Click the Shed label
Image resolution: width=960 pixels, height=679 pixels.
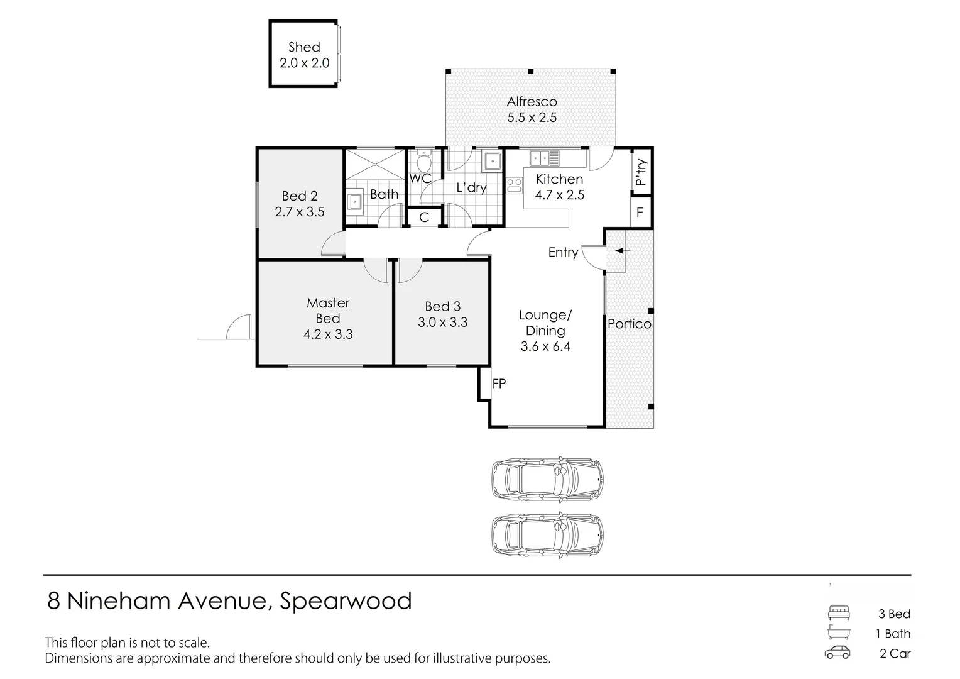304,47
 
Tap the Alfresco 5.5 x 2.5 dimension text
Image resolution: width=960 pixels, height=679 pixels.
532,118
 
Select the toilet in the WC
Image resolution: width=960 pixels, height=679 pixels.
424,161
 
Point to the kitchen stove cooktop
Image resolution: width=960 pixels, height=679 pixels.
515,185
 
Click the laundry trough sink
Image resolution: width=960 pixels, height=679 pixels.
492,162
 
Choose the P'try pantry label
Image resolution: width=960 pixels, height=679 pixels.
641,172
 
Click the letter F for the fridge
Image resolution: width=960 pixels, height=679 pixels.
640,212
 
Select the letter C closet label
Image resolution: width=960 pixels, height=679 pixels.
424,217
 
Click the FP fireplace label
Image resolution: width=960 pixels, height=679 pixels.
499,384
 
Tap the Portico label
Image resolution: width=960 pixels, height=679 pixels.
629,324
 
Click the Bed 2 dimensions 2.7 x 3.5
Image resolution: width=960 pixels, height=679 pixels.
300,212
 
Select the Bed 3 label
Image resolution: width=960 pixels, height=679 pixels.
443,306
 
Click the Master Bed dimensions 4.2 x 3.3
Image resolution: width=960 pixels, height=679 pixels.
328,334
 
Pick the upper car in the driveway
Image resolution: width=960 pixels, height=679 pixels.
547,478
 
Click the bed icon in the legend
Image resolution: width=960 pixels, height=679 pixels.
838,612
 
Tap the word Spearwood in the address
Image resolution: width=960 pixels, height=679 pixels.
346,601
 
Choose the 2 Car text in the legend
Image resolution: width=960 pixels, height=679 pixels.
895,653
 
